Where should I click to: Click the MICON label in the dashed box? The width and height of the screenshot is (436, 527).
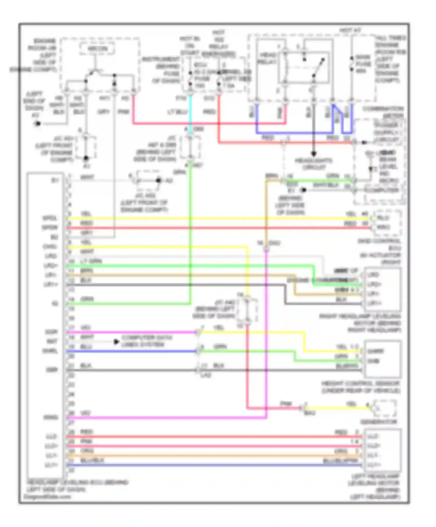pos(97,49)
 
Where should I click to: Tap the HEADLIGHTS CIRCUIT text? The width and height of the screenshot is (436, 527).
pos(314,164)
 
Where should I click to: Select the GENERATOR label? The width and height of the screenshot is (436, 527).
pos(378,422)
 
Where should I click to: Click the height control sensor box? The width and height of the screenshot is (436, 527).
pos(383,359)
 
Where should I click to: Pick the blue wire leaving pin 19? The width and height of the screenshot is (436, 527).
pos(131,351)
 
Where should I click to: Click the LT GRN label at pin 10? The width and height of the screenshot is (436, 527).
pos(91,261)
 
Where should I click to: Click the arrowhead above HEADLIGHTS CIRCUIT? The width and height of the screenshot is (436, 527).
pos(314,154)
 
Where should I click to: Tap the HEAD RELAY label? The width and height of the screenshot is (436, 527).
pos(267,58)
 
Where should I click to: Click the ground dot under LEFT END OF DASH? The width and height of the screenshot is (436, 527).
pos(37,124)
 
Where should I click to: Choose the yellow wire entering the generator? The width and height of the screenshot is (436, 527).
pos(337,408)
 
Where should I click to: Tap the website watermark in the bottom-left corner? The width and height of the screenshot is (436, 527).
pos(47,496)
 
